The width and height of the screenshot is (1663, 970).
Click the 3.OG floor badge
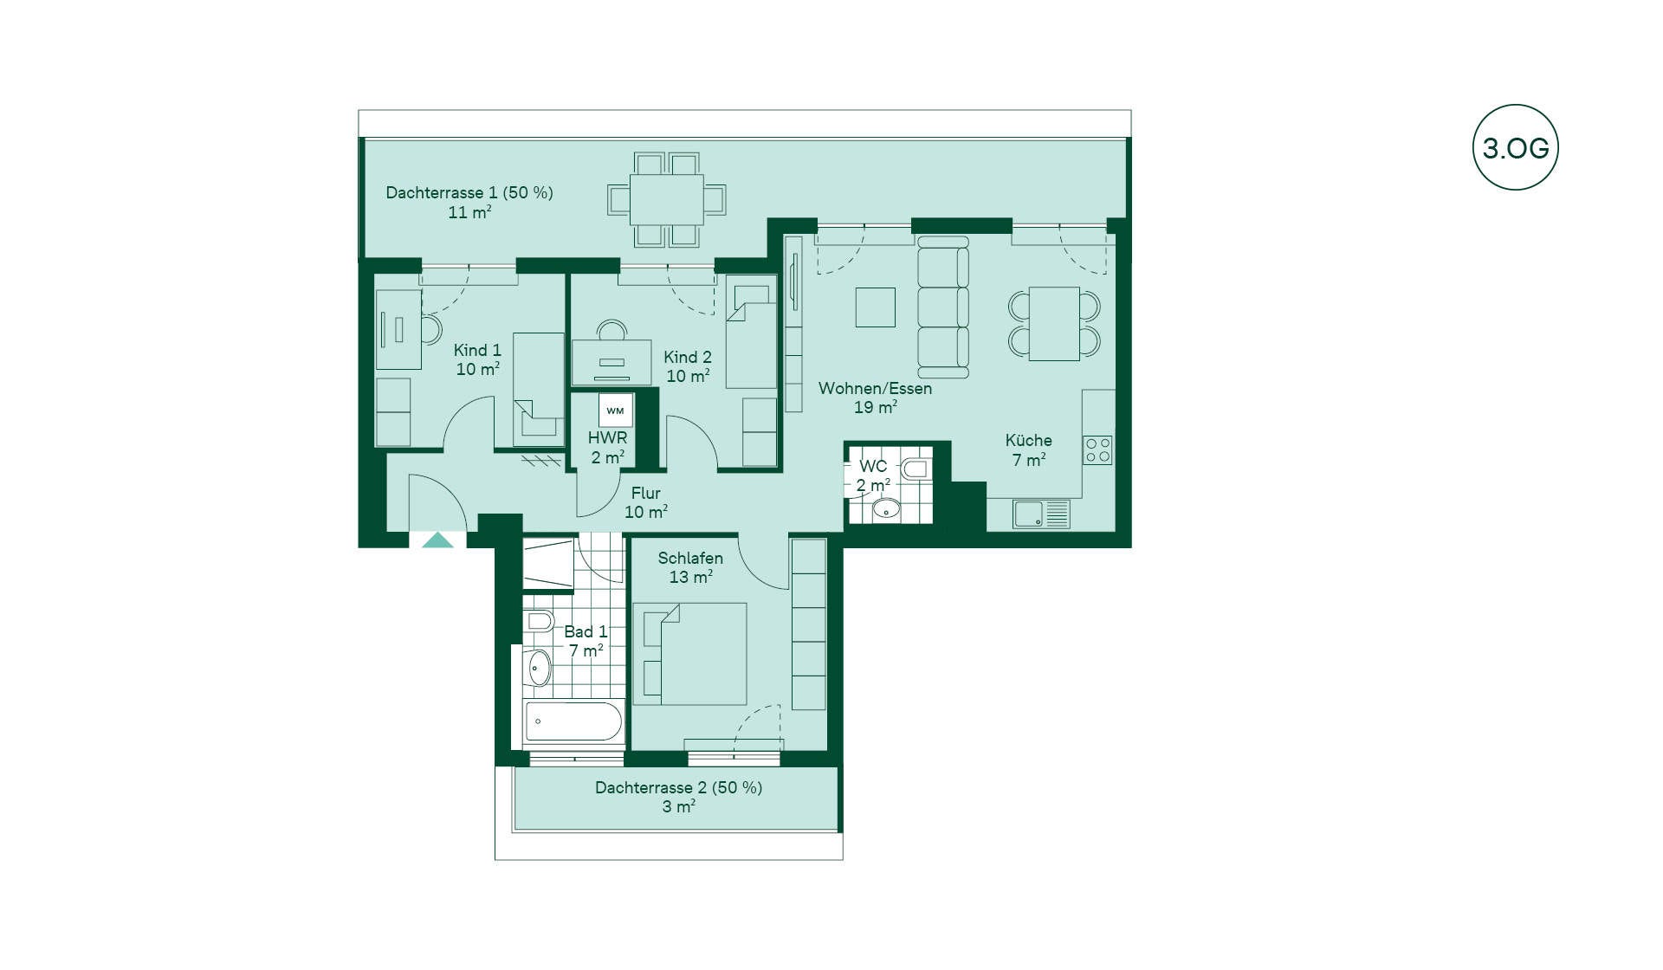pos(1515,147)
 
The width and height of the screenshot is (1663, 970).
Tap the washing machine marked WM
pos(615,411)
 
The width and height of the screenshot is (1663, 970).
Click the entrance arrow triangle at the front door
pos(437,540)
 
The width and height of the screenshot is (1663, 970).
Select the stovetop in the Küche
pos(1097,450)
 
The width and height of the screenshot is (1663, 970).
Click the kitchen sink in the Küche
pos(1042,514)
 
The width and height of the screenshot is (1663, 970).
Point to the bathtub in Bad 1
pos(573,721)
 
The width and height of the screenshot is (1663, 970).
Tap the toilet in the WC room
pos(915,469)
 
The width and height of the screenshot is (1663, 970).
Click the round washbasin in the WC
pos(886,509)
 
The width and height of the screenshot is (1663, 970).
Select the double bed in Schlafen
pos(689,654)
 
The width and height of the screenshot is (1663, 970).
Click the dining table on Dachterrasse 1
pos(666,200)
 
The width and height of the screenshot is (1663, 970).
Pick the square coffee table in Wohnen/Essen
pos(875,307)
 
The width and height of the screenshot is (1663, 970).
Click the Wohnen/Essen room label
pos(875,388)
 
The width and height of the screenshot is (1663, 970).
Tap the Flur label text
pos(646,493)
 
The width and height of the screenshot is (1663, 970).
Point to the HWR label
pos(607,437)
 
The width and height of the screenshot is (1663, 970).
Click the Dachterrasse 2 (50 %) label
pos(678,787)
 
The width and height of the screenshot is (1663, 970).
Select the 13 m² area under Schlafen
pos(690,577)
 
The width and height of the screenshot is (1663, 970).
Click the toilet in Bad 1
pos(539,620)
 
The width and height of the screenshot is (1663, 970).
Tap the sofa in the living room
pos(943,307)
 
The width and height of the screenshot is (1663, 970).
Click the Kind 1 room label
pos(477,350)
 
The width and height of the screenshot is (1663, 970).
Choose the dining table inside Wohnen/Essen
pos(1054,324)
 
